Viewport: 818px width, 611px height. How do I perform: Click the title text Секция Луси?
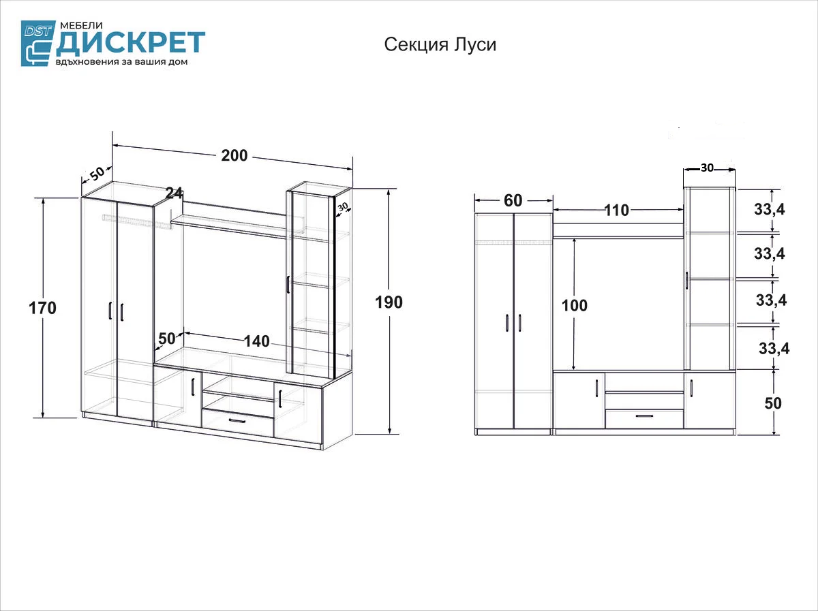[440, 45]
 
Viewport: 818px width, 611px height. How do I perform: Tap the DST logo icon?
[38, 43]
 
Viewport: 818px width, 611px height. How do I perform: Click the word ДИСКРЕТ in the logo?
[131, 42]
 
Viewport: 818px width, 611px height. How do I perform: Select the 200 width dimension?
[234, 155]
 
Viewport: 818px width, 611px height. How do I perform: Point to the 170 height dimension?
[42, 308]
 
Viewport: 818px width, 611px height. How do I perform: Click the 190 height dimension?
[389, 302]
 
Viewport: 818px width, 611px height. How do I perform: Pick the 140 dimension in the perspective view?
[256, 341]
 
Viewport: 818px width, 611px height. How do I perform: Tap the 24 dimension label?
[174, 193]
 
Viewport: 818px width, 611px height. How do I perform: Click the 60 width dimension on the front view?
[513, 201]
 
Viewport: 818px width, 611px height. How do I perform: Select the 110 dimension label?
[617, 210]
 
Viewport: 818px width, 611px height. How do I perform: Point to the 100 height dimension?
[574, 306]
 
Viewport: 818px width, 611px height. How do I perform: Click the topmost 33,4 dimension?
[769, 210]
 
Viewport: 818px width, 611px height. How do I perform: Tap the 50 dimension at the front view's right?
[773, 403]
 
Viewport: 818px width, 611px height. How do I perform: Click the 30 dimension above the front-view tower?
[707, 168]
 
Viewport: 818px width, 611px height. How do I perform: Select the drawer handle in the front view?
[644, 416]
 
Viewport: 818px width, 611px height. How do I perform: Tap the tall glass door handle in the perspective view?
[288, 284]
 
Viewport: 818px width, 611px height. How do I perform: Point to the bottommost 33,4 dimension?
[774, 349]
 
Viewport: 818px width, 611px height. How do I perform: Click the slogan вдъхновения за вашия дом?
[121, 62]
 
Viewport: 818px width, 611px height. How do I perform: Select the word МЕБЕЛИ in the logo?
[81, 25]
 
